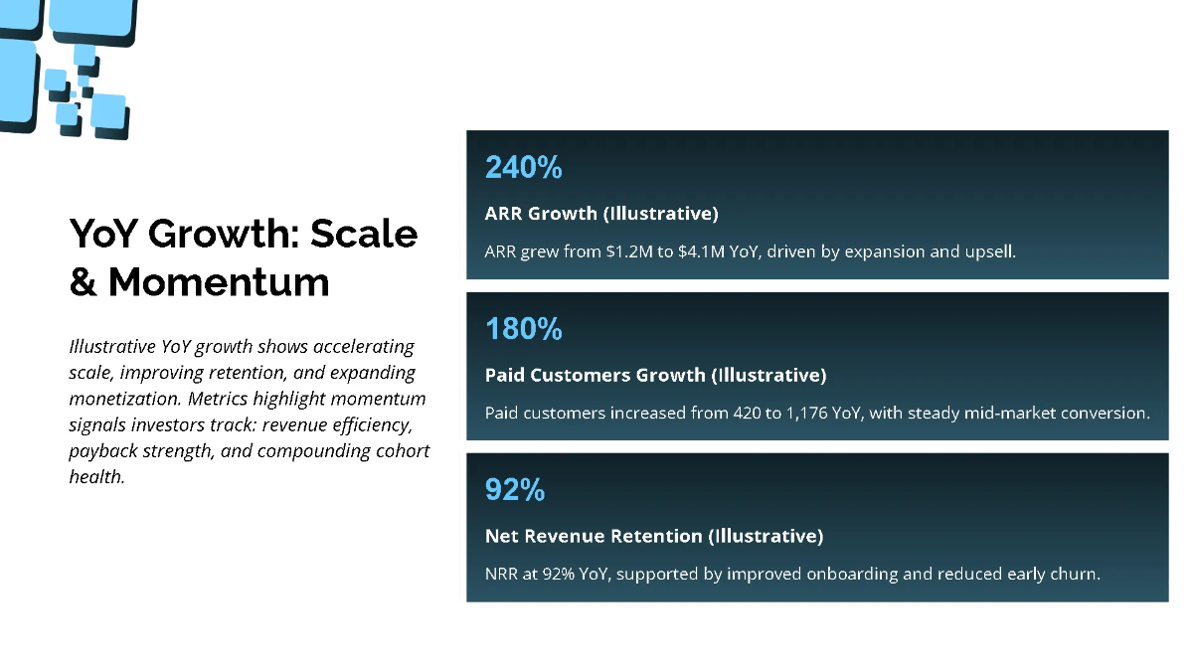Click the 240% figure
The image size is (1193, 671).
pos(523,167)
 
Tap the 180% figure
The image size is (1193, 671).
pos(523,329)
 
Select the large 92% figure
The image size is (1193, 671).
pos(514,490)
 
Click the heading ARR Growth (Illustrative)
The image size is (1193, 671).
pos(600,214)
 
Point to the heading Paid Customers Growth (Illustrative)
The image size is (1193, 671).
pos(655,376)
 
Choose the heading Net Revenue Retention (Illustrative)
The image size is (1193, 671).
pos(653,537)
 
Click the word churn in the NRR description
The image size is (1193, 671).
pos(1072,575)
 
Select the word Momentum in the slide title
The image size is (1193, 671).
pos(219,282)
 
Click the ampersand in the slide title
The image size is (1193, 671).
pos(83,282)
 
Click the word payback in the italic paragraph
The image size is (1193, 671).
pos(101,450)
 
